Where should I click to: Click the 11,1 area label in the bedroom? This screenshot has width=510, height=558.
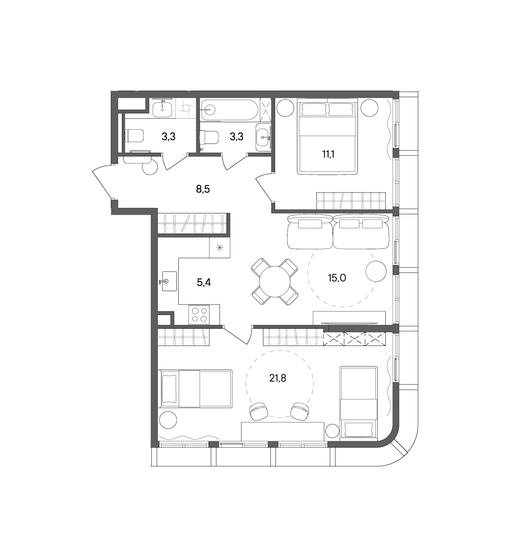328,154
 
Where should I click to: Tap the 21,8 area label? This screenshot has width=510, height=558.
278,379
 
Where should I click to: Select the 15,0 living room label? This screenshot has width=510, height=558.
337,278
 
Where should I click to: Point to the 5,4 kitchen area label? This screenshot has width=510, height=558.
204,283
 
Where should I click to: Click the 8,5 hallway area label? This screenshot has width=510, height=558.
203,189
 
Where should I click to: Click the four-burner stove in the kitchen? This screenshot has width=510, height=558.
199,315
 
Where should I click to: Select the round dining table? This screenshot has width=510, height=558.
275,281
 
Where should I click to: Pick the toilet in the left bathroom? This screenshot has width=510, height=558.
135,136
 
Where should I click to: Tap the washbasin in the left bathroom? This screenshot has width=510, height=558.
162,110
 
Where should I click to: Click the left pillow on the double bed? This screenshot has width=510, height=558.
314,110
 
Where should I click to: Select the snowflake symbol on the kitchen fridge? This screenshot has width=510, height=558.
220,247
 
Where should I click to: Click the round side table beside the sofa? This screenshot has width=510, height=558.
376,271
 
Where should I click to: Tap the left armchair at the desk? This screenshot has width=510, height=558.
259,412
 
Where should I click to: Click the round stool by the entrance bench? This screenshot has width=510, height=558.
150,167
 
